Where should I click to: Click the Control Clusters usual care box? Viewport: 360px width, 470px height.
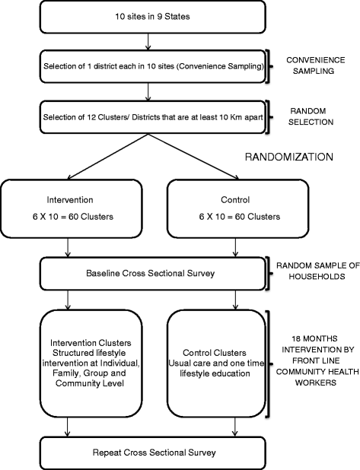pos(224,367)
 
